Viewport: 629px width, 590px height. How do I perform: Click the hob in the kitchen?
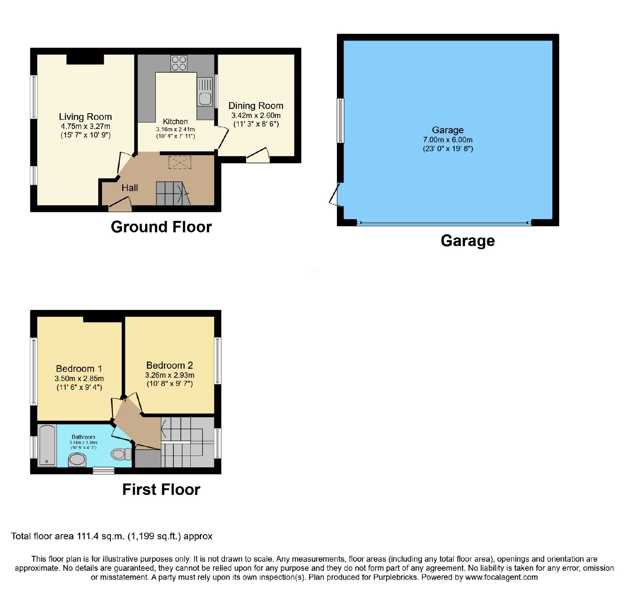click(179, 63)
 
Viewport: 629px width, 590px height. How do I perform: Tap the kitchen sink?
click(205, 91)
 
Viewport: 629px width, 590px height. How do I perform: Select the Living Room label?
click(85, 117)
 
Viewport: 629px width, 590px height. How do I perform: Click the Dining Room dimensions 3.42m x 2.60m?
click(256, 116)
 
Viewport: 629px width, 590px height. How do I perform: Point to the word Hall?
click(130, 188)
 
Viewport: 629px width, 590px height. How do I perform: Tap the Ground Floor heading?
click(161, 227)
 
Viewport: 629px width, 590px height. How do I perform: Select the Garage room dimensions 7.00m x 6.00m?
click(448, 140)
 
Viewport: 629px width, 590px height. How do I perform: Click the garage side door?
click(335, 194)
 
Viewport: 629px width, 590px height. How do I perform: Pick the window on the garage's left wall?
click(340, 120)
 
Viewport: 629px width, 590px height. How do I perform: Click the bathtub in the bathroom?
click(47, 445)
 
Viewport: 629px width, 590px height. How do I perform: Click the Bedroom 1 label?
click(79, 369)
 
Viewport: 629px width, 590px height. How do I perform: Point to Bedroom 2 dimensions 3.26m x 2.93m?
click(170, 375)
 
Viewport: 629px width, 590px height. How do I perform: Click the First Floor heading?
click(161, 489)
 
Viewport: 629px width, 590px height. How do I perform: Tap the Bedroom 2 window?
click(217, 360)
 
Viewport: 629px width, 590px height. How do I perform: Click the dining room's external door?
click(258, 156)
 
